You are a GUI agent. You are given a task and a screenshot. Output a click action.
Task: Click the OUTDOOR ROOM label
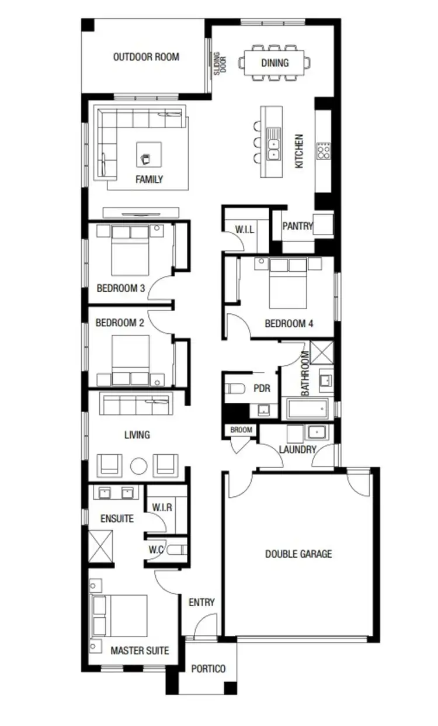(146, 57)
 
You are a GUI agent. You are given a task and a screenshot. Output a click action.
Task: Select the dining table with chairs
(274, 63)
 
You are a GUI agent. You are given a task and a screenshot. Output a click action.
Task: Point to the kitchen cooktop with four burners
(323, 151)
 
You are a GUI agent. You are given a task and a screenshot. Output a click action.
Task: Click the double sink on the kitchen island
(273, 146)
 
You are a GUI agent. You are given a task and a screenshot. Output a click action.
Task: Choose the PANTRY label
(297, 226)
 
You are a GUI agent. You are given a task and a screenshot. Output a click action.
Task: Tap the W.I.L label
(245, 230)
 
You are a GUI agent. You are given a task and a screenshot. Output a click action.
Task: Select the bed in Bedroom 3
(130, 252)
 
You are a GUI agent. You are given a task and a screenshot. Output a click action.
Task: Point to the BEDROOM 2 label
(120, 322)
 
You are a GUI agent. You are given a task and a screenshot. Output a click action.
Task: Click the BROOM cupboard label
(241, 430)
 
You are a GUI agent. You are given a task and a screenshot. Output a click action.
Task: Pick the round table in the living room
(139, 466)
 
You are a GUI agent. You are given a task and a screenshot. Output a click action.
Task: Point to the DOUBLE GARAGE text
(298, 554)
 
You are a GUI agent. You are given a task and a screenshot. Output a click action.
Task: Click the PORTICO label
(208, 669)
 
